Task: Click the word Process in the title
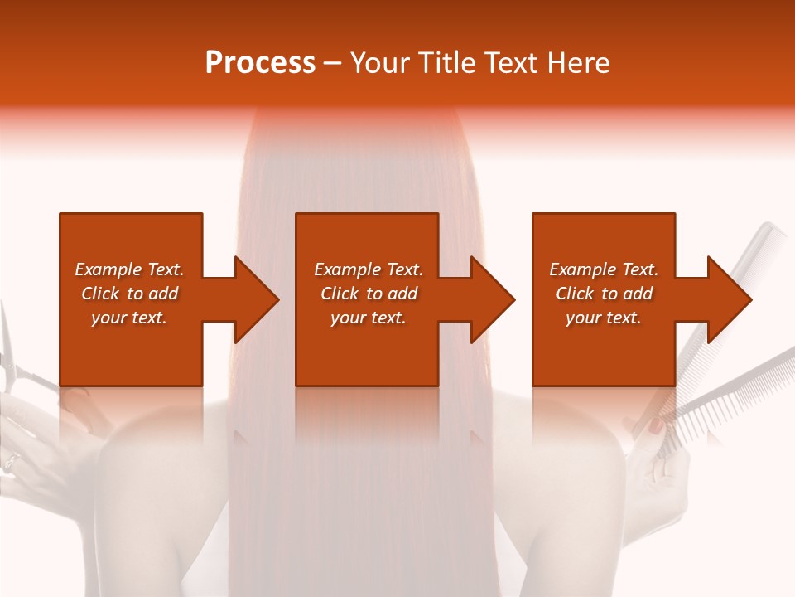(x=260, y=62)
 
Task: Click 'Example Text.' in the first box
(x=129, y=269)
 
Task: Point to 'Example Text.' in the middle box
(x=369, y=269)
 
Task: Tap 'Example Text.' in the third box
(x=604, y=269)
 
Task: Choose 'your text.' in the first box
(x=129, y=318)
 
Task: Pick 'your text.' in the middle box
(x=369, y=318)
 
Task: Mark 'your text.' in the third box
(x=604, y=318)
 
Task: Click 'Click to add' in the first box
(x=129, y=294)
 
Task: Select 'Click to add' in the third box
(x=604, y=294)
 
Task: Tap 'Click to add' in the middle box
(x=369, y=294)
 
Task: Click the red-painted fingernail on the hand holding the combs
(x=654, y=426)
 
